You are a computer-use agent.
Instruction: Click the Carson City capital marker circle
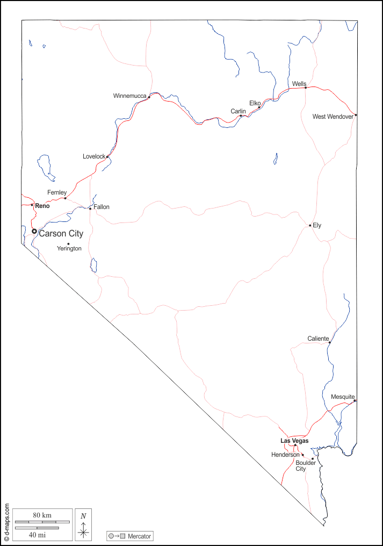[34, 231]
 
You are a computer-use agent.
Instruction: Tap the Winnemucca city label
[129, 96]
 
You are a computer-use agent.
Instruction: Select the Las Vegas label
[294, 441]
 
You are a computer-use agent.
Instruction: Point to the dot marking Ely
[310, 225]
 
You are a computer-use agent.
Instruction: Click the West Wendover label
[333, 117]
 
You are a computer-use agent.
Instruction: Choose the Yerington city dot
[68, 244]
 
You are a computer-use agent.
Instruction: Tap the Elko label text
[255, 103]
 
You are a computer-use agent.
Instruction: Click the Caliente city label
[318, 339]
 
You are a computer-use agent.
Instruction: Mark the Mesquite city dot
[355, 400]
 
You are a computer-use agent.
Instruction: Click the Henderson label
[285, 455]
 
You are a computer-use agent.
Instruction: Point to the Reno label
[42, 206]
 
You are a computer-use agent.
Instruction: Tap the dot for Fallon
[90, 209]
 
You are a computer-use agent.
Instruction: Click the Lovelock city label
[94, 156]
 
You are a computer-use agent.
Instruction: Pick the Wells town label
[299, 84]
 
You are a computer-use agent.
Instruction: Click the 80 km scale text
[42, 515]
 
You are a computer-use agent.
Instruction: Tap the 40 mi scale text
[37, 534]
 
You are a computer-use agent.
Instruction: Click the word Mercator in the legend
[139, 536]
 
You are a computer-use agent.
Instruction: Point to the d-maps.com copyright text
[7, 521]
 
